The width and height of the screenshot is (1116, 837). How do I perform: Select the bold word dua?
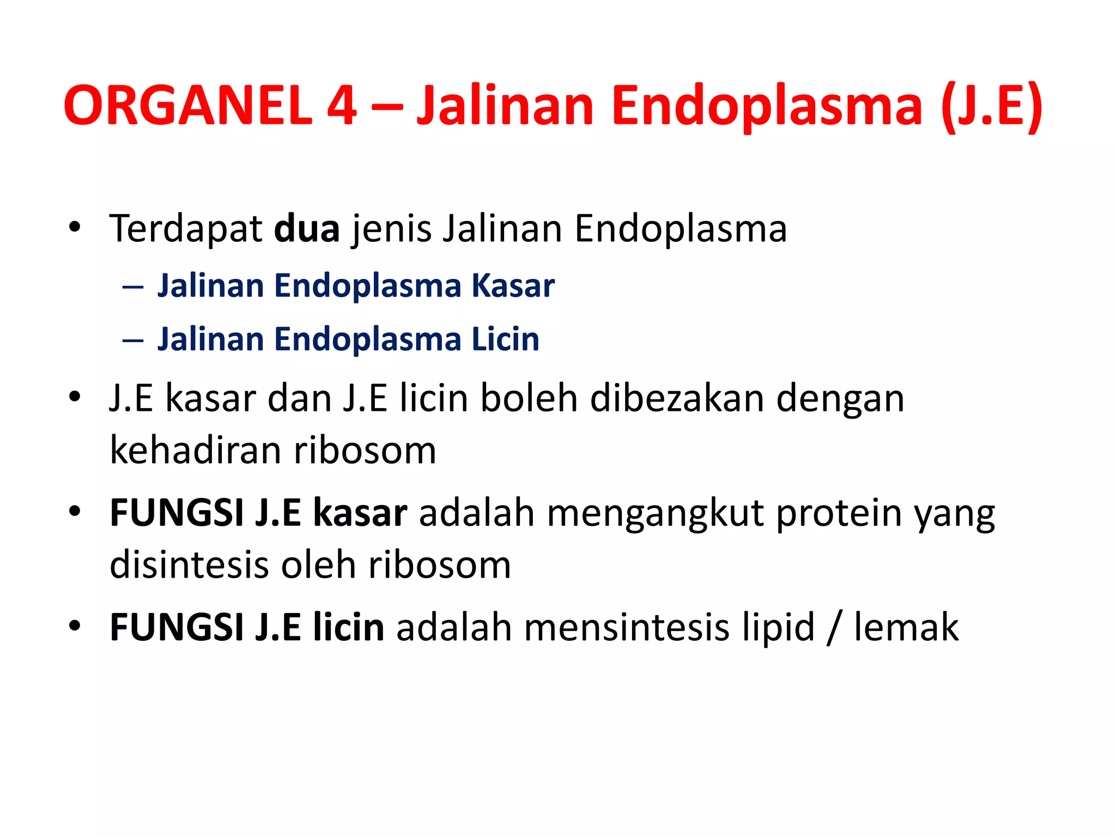[x=307, y=229]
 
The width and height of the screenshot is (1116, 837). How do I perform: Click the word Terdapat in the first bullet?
[x=186, y=229]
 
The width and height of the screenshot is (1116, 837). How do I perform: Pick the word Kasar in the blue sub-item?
[x=513, y=286]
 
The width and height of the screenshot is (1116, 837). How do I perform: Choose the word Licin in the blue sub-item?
[x=505, y=339]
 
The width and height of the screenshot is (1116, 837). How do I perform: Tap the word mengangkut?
[x=655, y=513]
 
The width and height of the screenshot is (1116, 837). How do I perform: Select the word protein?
[x=839, y=513]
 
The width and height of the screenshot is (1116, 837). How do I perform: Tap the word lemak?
[x=906, y=628]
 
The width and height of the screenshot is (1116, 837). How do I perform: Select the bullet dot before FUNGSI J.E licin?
[x=75, y=625]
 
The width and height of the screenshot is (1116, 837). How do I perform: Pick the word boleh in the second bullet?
[x=529, y=398]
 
